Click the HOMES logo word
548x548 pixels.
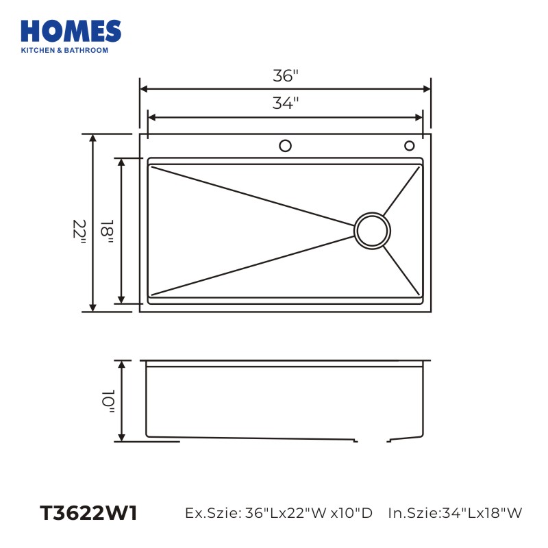71,31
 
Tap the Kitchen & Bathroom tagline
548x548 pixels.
64,50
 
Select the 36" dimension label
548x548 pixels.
286,76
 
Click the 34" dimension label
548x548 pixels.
286,103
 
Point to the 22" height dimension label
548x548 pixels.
79,232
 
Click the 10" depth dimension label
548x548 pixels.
108,401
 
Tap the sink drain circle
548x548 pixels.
372,231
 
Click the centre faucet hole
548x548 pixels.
285,146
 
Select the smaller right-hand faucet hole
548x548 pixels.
409,146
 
